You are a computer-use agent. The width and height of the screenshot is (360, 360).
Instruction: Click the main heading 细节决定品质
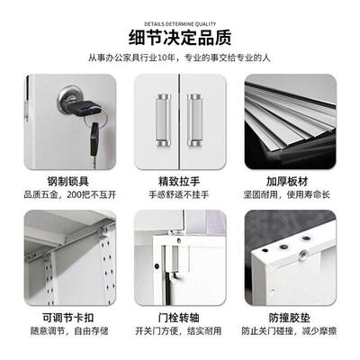pyautogui.click(x=180, y=37)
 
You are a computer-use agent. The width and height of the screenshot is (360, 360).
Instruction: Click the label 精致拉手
pyautogui.click(x=180, y=179)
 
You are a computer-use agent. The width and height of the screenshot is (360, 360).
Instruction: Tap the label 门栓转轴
pyautogui.click(x=180, y=319)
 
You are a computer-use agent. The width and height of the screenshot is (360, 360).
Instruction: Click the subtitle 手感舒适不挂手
pyautogui.click(x=180, y=193)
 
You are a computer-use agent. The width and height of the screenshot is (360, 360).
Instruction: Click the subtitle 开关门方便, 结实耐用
pyautogui.click(x=180, y=334)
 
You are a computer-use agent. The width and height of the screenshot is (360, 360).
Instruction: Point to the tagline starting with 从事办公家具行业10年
pyautogui.click(x=180, y=58)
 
